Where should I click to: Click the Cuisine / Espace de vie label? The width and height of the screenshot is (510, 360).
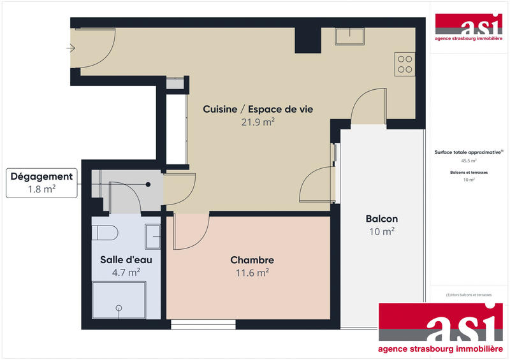point(258,109)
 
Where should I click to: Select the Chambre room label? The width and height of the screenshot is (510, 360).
point(252,260)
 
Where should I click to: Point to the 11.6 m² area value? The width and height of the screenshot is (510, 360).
point(252,272)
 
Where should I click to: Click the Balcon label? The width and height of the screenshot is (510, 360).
point(382,219)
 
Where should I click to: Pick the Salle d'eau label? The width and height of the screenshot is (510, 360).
point(126,260)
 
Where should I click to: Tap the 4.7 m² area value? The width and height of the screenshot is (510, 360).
point(126,272)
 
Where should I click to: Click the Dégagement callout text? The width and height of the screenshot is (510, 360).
point(41,176)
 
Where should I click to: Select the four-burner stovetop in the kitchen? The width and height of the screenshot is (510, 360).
point(405,62)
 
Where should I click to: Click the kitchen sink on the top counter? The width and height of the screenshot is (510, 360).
point(349,36)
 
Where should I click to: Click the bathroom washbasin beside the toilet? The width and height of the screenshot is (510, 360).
point(153,236)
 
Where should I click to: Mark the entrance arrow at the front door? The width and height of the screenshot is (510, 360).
point(71,48)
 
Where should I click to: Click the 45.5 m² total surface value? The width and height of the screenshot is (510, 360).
point(469,161)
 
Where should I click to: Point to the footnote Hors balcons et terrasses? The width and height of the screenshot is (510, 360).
point(469,295)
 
